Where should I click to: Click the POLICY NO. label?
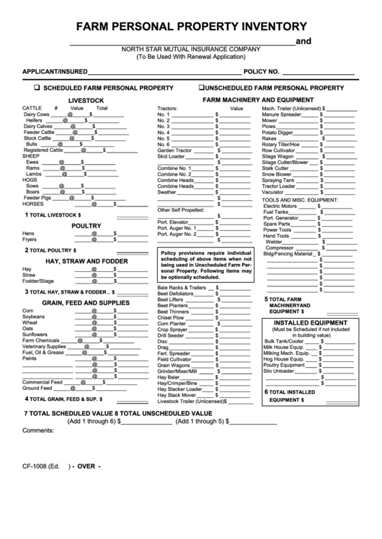(x=261, y=72)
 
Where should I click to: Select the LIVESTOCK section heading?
(x=86, y=100)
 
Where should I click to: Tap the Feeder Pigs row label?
(x=37, y=197)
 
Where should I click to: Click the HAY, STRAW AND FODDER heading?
(x=86, y=261)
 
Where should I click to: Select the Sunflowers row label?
(x=37, y=334)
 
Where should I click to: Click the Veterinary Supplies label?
(x=45, y=346)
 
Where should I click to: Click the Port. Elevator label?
(x=173, y=222)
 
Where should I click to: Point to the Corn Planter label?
(x=172, y=324)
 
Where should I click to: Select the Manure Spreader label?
(x=282, y=114)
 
